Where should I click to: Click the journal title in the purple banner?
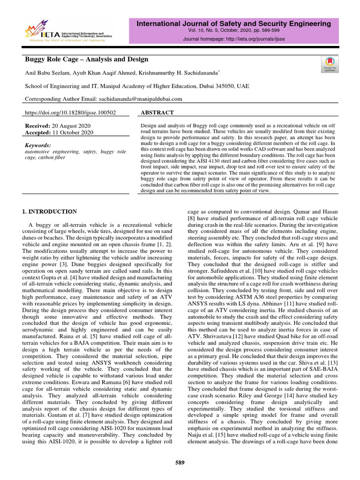click(x=233, y=23)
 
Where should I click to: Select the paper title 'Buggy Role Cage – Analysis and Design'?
click(x=86, y=60)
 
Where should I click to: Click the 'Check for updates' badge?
click(x=329, y=64)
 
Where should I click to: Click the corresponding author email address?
click(x=140, y=99)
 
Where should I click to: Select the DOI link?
click(x=70, y=113)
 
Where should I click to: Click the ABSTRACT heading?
click(x=157, y=113)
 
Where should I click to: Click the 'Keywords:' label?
click(x=37, y=146)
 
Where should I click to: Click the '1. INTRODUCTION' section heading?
click(x=50, y=212)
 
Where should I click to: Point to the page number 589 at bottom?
click(x=180, y=463)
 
